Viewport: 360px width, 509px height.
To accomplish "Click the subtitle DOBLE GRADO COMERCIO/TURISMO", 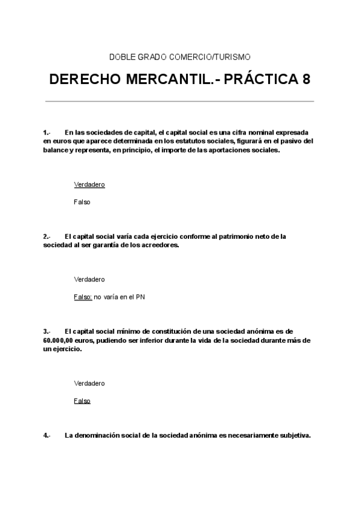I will coord(179,57).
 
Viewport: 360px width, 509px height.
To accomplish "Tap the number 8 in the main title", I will coord(307,80).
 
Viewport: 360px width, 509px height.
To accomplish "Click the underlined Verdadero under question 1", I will coord(89,184).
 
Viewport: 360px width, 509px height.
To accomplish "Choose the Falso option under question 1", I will coord(82,202).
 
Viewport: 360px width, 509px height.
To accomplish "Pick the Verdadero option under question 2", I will coord(89,279).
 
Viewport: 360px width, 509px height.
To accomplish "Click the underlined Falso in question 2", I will coord(82,297).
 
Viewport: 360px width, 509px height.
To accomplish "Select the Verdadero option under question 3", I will coord(89,383).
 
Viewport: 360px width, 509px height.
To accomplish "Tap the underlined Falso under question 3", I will coord(82,400).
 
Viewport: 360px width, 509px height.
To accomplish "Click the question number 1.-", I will coord(47,132).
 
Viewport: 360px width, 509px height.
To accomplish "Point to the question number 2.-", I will coord(47,236).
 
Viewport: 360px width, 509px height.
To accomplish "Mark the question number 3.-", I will coord(47,331).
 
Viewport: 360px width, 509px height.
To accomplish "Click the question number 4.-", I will coord(47,436).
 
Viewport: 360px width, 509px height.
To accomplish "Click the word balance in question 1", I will coord(55,150).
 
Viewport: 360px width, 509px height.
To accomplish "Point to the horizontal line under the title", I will coord(179,101).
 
